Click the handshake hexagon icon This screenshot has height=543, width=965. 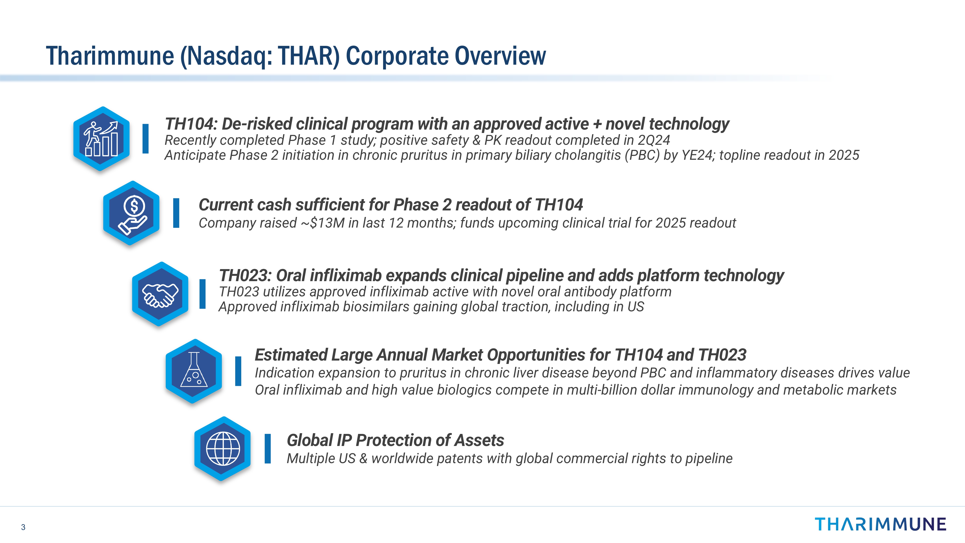pyautogui.click(x=160, y=294)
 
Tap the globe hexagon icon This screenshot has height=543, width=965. pyautogui.click(x=222, y=449)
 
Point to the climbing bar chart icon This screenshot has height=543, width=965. pyautogui.click(x=102, y=139)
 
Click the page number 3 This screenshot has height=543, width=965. pyautogui.click(x=23, y=527)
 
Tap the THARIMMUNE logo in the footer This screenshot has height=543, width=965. pyautogui.click(x=880, y=524)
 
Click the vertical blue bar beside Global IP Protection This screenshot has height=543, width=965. pyautogui.click(x=268, y=449)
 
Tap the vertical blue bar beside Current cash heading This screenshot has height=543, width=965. pyautogui.click(x=176, y=213)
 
